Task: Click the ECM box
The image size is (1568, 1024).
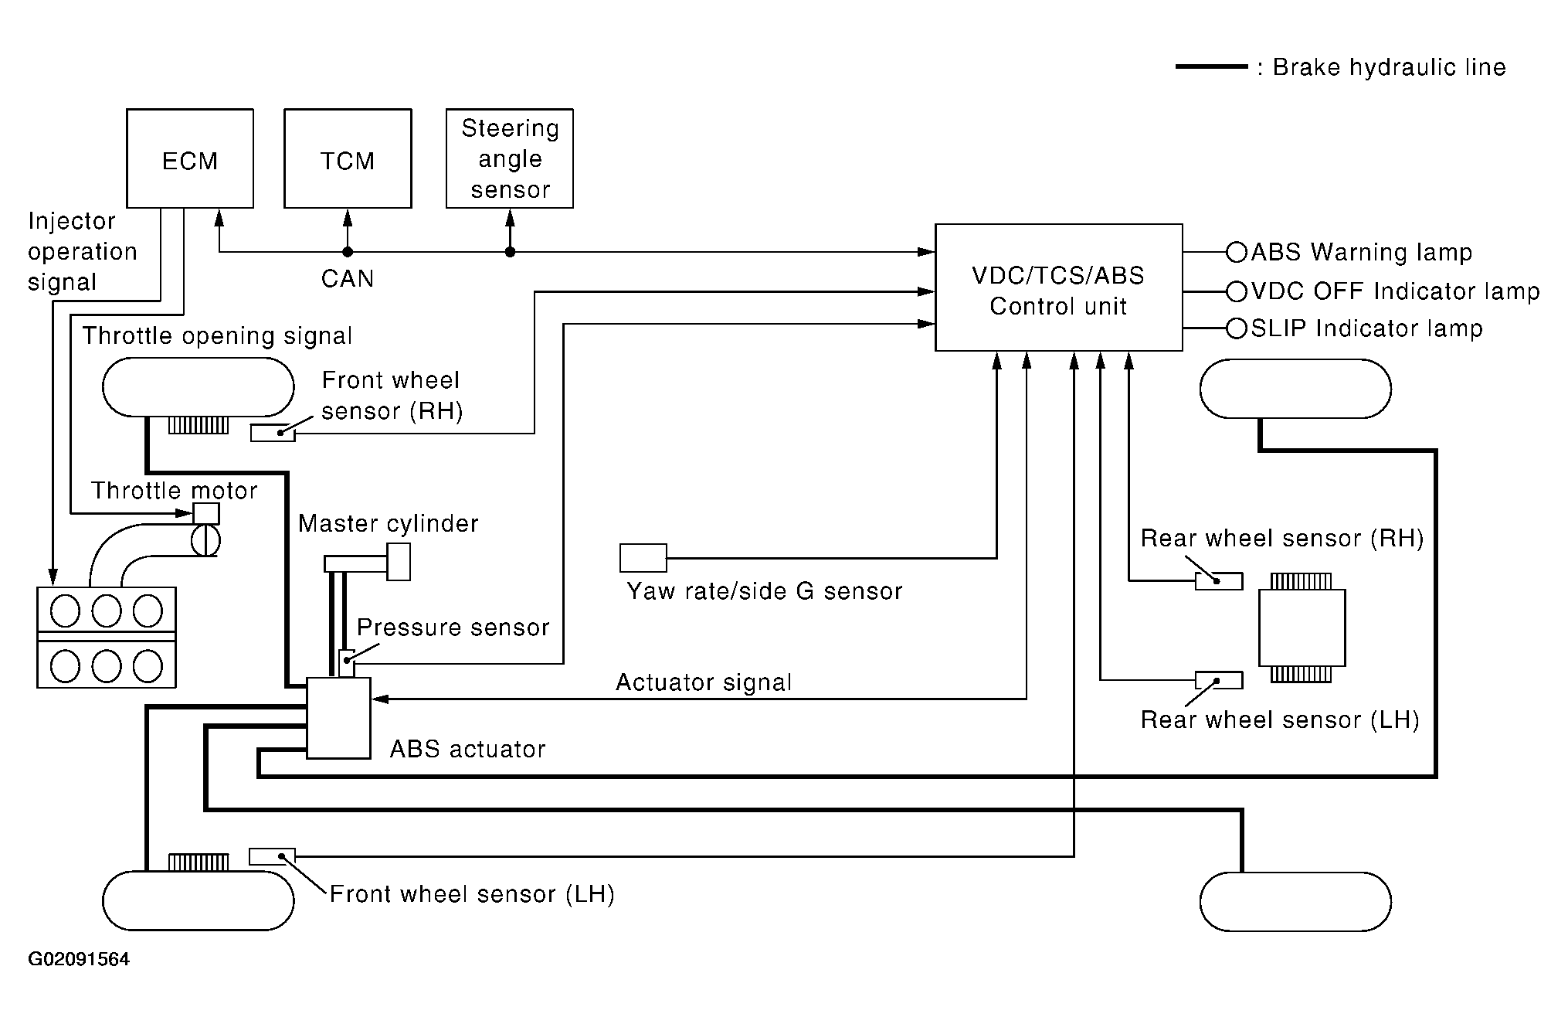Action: point(190,158)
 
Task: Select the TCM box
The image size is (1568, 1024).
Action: point(348,158)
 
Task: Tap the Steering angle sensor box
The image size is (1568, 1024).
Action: point(510,158)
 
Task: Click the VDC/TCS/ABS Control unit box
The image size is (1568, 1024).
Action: point(1059,287)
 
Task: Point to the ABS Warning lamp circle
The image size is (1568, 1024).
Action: point(1237,252)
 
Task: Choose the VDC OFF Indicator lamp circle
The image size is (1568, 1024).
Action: point(1237,291)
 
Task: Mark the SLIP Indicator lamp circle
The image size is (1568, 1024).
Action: point(1237,328)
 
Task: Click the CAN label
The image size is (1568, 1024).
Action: point(348,278)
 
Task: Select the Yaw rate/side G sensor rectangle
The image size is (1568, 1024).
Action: point(643,558)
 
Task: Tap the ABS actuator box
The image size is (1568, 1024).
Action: point(339,718)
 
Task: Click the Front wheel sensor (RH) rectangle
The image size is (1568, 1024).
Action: point(273,433)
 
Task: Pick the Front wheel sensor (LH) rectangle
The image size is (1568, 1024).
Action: point(272,856)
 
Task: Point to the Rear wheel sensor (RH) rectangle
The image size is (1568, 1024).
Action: point(1219,581)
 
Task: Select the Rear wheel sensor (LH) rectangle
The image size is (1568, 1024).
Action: point(1219,680)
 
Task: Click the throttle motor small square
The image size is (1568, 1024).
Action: point(206,514)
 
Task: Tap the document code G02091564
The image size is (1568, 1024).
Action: point(79,959)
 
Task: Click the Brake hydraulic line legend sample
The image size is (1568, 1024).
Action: point(1211,67)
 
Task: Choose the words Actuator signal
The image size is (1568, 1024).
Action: point(704,682)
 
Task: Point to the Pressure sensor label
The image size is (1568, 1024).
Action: point(453,627)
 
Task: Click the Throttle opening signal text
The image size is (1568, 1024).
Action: point(217,336)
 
